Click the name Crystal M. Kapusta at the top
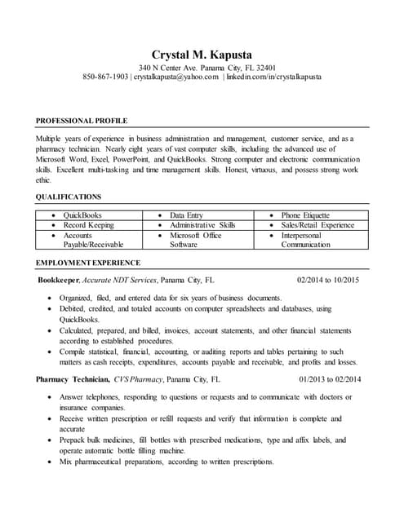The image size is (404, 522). [202, 53]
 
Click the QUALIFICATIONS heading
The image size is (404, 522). [69, 197]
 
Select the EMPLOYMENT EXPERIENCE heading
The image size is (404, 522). [88, 263]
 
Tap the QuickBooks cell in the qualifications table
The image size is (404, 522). [82, 215]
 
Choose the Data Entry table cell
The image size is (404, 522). [187, 215]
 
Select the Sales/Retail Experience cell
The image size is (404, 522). [317, 224]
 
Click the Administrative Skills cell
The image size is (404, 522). [202, 224]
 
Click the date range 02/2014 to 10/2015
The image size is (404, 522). [328, 279]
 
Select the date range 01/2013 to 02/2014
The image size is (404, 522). [330, 379]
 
